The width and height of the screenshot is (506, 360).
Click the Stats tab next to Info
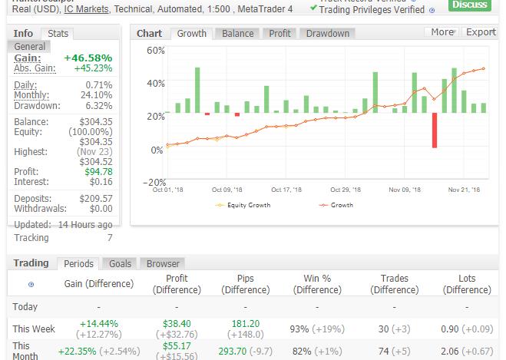58,34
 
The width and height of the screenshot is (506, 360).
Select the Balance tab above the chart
238,34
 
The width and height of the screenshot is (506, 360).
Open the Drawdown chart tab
327,34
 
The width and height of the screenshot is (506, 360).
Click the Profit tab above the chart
280,34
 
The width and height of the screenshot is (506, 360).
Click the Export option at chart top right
481,32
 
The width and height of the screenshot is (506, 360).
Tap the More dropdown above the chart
443,32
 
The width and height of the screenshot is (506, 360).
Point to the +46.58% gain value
88,58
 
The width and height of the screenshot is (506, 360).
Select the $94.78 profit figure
98,172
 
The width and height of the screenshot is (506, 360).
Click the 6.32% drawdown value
98,106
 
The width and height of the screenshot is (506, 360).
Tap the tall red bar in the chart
435,130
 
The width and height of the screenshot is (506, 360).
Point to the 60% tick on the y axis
156,51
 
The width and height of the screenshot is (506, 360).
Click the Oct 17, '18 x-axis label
286,190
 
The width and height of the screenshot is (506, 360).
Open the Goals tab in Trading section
120,263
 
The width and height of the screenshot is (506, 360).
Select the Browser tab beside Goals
163,263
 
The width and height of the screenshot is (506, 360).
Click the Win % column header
317,284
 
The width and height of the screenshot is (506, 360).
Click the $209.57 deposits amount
96,199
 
